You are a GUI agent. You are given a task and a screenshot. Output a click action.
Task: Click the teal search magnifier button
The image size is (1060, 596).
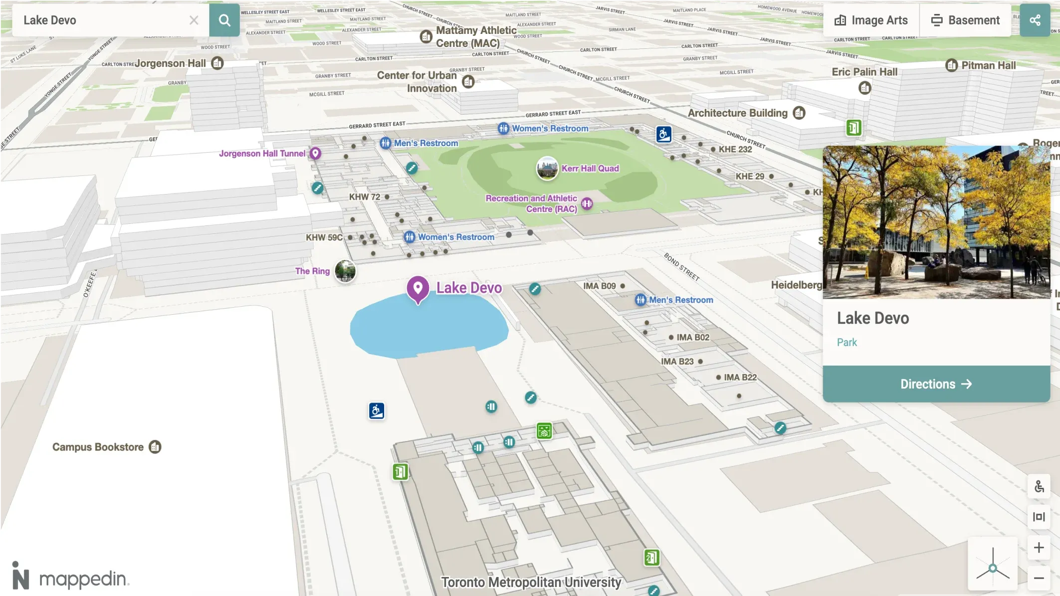click(224, 20)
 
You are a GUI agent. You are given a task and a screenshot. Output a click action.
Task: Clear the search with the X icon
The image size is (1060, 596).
click(194, 20)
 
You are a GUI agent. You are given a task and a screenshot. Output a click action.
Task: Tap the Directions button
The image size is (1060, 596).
click(936, 384)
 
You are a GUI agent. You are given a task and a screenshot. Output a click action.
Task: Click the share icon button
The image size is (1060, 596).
click(1035, 20)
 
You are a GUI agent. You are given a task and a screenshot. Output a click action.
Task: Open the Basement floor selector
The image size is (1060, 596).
click(965, 20)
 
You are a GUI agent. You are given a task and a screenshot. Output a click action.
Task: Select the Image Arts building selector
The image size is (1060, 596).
click(871, 20)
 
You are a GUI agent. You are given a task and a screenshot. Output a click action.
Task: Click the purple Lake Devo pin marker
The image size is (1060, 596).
click(418, 288)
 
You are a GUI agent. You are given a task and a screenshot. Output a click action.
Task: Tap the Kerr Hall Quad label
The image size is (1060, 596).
click(590, 169)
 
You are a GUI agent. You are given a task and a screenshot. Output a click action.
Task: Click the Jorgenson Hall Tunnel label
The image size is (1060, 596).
click(262, 154)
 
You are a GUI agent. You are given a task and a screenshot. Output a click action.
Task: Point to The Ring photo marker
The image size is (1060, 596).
click(345, 271)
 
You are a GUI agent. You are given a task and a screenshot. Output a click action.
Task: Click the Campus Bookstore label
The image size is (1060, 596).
click(98, 447)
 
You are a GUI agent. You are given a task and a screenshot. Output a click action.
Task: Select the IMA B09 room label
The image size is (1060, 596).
click(599, 286)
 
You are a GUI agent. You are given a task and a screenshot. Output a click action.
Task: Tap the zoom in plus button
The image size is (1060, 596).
click(1039, 548)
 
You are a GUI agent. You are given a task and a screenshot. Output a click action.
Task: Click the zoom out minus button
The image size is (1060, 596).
click(1039, 578)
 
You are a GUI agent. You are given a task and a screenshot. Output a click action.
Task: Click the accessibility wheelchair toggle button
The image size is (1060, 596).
click(1039, 486)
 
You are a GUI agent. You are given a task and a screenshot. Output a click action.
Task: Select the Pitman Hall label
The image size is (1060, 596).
click(988, 65)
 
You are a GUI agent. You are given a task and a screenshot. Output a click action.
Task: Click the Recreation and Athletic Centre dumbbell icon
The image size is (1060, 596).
click(587, 203)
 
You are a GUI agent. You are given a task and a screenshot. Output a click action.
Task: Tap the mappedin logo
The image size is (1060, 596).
click(70, 577)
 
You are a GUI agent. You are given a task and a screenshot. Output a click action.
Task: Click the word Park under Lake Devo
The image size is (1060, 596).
click(847, 342)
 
